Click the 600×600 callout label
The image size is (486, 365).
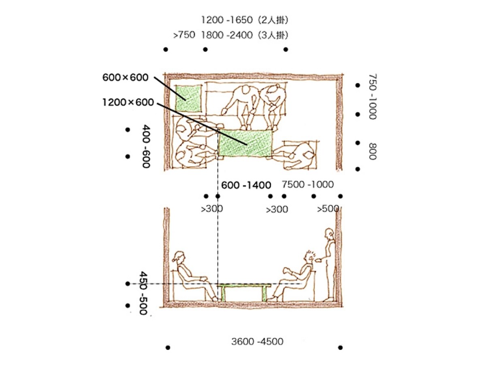[125, 77]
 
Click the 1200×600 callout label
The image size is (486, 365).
[128, 102]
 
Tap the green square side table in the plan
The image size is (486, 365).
[189, 99]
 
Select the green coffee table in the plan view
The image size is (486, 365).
[245, 143]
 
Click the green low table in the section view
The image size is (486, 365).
[244, 292]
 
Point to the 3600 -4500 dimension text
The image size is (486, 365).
[257, 342]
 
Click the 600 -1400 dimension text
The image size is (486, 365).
[246, 185]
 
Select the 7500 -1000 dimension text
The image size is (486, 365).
[308, 185]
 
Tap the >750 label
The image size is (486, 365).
[184, 35]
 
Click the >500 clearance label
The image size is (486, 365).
[328, 209]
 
